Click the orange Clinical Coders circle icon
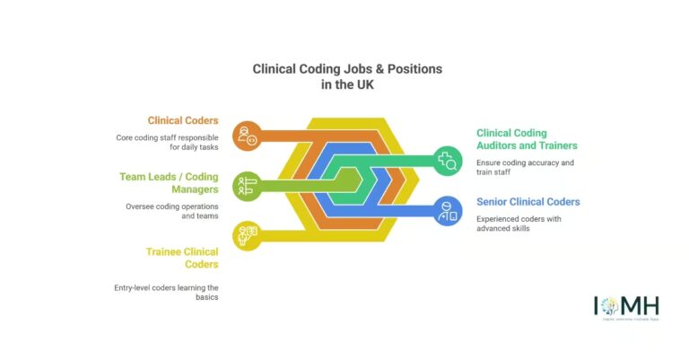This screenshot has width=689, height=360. (245, 136)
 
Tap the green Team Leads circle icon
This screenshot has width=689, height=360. (245, 186)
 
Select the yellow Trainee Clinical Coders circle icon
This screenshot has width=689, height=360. (245, 235)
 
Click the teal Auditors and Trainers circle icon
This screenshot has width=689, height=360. (447, 161)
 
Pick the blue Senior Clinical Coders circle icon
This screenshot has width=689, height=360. (447, 211)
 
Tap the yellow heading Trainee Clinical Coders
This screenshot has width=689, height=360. (182, 258)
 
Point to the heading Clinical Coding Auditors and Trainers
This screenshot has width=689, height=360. (527, 139)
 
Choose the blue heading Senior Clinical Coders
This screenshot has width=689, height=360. (528, 202)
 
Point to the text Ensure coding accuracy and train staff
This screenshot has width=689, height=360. (525, 168)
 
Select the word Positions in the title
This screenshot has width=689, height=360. (417, 69)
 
